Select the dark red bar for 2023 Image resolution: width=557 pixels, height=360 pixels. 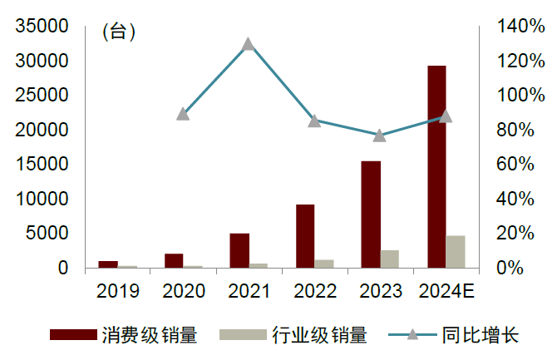[372, 214]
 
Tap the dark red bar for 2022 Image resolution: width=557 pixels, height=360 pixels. [305, 235]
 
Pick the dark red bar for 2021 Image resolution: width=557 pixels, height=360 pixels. [239, 250]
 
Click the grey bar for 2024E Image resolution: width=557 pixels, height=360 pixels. [456, 252]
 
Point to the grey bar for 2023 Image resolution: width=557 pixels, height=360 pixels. [390, 259]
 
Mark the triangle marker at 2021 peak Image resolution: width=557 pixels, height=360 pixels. [248, 44]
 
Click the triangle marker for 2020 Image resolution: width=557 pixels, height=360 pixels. [183, 114]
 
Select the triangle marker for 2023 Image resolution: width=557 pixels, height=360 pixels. [379, 136]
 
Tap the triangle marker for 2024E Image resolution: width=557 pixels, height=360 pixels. [446, 116]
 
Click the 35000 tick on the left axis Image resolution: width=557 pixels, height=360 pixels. [41, 27]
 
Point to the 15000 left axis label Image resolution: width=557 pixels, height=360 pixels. [41, 165]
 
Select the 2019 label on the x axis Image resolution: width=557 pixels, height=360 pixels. [117, 291]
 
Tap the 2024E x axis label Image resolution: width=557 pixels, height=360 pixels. [446, 291]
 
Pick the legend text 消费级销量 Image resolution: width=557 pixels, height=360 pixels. [150, 336]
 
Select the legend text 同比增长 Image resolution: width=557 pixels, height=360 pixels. [480, 336]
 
